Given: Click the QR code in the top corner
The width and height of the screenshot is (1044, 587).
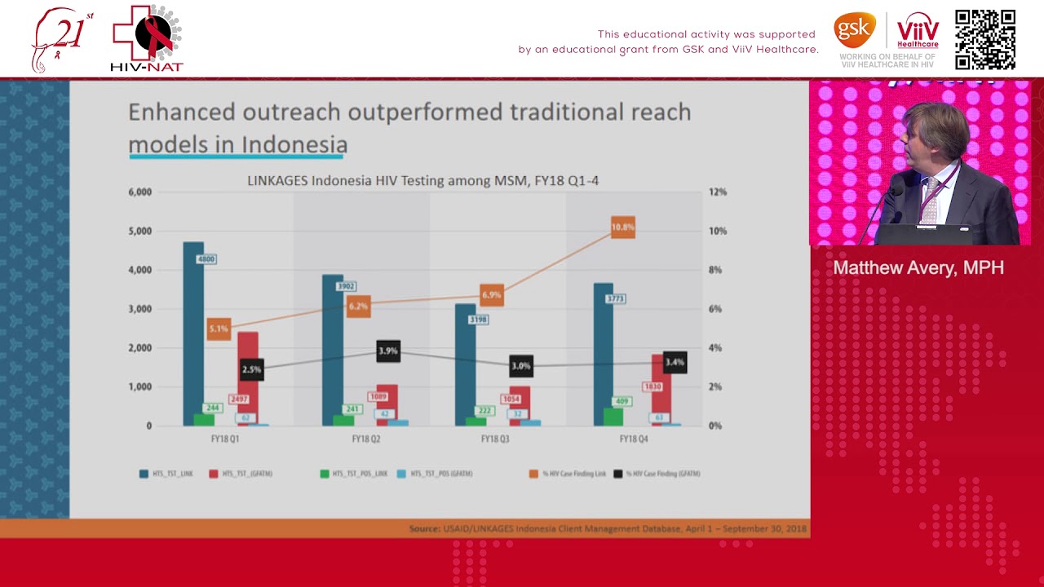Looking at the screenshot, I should (985, 39).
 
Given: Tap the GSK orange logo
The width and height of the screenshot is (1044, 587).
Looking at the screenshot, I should (854, 30).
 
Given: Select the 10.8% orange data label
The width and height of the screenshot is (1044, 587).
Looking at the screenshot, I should (622, 227).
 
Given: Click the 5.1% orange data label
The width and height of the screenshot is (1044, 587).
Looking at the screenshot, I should (219, 329).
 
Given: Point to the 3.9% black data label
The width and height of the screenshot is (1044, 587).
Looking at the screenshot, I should (388, 351).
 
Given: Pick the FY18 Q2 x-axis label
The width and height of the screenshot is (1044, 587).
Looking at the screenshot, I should (365, 439).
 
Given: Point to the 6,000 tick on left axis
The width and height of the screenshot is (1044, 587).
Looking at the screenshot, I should (139, 192).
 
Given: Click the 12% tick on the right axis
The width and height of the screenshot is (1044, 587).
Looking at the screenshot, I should (717, 192).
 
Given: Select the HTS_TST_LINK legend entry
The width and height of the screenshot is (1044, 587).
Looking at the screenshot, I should (166, 474).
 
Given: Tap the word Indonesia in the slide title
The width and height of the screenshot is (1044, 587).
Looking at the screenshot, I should (294, 145).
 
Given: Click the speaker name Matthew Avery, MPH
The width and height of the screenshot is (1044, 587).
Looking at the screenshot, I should (918, 268).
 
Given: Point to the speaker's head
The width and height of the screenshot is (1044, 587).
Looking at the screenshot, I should (936, 130).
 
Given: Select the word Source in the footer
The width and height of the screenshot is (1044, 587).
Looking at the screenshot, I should (424, 529).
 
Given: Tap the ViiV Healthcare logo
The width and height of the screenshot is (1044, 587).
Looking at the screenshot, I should (918, 31).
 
